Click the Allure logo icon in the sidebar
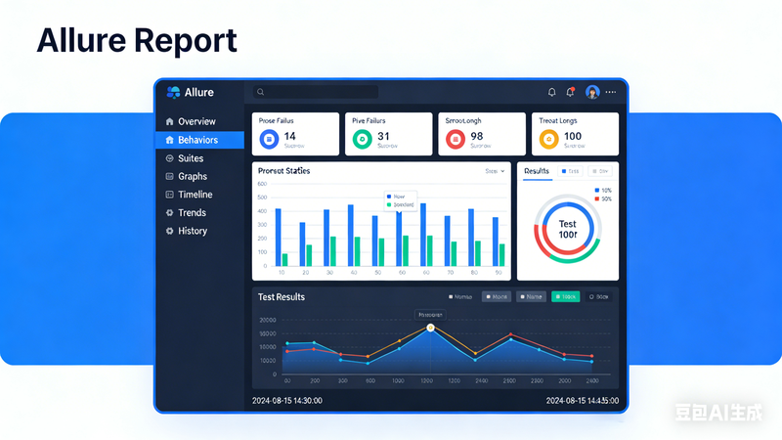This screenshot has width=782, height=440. click(174, 92)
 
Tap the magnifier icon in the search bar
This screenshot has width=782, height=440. click(260, 92)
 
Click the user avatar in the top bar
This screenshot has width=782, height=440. click(592, 92)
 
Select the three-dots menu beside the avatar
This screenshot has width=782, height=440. click(611, 92)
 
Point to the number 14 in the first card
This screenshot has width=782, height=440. click(289, 136)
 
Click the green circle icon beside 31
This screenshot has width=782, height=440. click(362, 140)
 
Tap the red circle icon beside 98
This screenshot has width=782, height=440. click(454, 140)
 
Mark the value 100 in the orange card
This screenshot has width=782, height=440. click(573, 136)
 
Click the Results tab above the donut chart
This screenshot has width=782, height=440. click(537, 170)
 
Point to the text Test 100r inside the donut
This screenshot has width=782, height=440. click(567, 230)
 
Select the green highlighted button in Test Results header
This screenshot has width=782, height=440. click(564, 296)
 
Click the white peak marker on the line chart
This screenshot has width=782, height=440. click(430, 328)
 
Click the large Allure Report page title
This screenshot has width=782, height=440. click(137, 41)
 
